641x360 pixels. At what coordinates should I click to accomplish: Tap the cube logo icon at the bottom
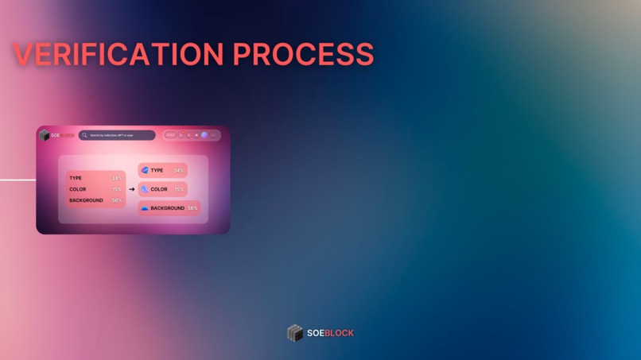tap(295, 333)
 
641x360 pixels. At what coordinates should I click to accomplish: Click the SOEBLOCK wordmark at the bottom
tap(330, 333)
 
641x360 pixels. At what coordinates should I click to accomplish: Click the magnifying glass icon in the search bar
tap(84, 135)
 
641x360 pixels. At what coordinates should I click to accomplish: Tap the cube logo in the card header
tap(45, 135)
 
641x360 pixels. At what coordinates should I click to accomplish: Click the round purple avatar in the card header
tap(204, 135)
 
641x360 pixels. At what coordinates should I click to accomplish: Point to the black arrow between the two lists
tap(132, 189)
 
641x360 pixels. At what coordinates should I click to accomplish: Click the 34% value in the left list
tap(117, 178)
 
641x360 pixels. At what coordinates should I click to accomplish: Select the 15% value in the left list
tap(117, 189)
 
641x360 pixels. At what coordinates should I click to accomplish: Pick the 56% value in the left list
tap(117, 200)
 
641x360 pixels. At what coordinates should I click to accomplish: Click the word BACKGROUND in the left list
tap(86, 200)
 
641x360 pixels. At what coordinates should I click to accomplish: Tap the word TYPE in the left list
tap(76, 178)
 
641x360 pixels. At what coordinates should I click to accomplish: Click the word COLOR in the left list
tap(78, 189)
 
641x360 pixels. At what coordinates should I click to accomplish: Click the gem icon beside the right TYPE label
tap(145, 170)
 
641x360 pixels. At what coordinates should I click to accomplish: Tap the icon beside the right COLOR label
tap(145, 189)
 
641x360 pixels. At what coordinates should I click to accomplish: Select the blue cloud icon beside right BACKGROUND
tap(145, 208)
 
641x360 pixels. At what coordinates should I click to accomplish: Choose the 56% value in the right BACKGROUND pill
tap(192, 208)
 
